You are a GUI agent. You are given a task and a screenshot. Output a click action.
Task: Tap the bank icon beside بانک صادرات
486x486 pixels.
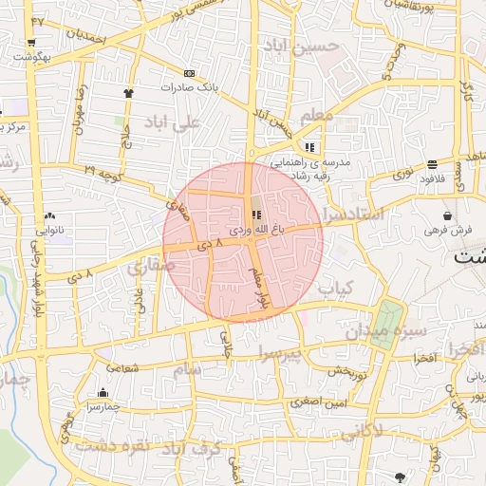tap(189, 73)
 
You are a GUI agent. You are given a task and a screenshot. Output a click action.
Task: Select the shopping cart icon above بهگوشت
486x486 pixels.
tap(32, 43)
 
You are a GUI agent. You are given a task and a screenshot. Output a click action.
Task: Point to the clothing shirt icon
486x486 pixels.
tap(129, 92)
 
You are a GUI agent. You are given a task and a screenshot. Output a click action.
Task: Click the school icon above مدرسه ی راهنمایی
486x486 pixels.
tap(309, 147)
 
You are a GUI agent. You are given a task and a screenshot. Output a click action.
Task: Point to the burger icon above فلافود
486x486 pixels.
tap(432, 163)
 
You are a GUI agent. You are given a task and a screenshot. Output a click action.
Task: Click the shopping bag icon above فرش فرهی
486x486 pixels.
tap(446, 216)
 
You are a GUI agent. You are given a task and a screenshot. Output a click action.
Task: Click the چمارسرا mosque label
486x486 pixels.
tap(101, 406)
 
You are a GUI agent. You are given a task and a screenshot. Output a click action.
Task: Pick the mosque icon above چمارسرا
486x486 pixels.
tap(103, 393)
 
